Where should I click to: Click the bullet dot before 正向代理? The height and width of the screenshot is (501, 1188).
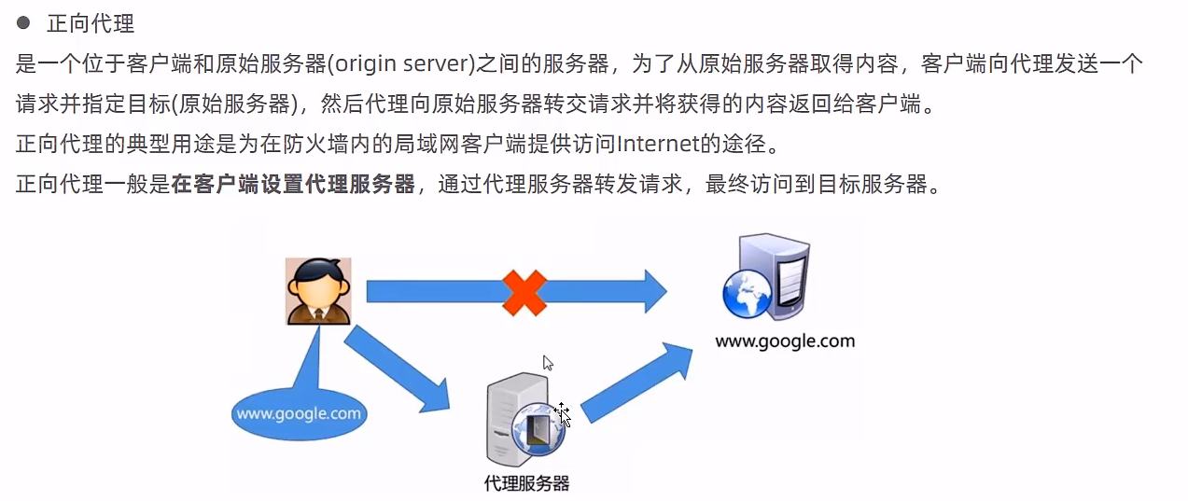click(22, 22)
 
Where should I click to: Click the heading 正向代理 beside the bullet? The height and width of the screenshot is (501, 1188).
click(91, 24)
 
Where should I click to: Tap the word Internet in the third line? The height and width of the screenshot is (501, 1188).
click(658, 144)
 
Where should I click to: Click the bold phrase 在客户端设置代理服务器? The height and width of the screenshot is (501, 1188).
click(293, 184)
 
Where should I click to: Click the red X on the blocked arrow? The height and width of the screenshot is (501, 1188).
click(524, 293)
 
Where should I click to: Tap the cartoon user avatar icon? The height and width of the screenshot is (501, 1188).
click(318, 291)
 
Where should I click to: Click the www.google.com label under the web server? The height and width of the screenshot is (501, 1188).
click(785, 341)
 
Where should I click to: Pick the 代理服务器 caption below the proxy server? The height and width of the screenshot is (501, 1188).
click(526, 483)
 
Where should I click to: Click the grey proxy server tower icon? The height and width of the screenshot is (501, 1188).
click(518, 420)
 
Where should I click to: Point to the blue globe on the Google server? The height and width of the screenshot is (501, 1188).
click(748, 294)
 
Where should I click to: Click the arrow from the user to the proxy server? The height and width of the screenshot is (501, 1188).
click(397, 369)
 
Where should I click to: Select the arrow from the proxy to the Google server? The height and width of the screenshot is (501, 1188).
click(636, 383)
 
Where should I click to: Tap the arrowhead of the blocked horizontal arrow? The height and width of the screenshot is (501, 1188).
click(655, 291)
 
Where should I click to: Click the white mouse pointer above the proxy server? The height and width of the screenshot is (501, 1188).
click(548, 363)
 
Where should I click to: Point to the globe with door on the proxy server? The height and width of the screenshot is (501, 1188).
click(538, 429)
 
